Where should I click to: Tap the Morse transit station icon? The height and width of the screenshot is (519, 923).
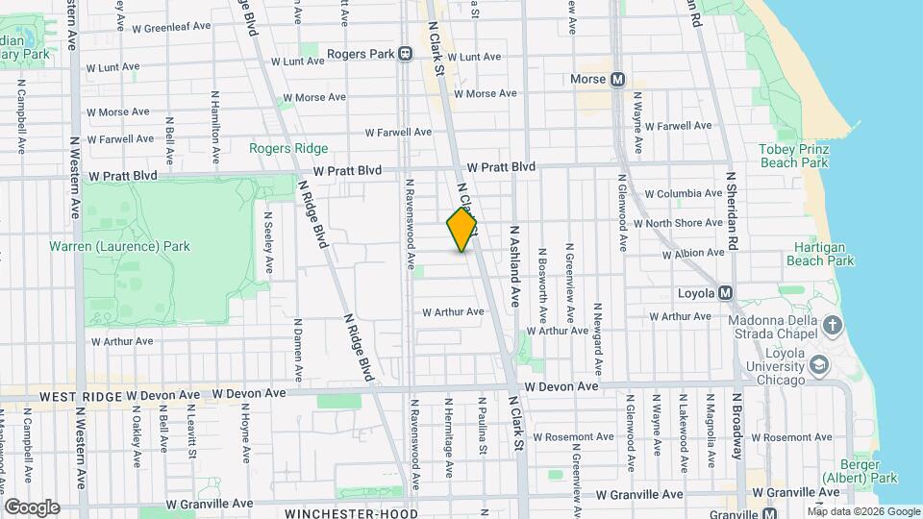[617, 80]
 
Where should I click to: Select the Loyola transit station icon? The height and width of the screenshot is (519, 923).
[726, 292]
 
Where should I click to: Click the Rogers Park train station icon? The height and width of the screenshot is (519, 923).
[406, 54]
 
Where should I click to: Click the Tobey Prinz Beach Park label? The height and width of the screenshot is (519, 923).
[793, 156]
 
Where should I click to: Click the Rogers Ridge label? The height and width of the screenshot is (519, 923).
[288, 148]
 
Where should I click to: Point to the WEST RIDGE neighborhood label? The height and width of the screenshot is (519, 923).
[75, 395]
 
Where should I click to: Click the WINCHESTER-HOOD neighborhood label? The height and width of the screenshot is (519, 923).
[352, 513]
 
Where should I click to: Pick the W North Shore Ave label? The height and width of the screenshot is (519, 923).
[684, 223]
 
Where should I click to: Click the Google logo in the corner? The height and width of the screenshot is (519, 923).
[32, 507]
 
